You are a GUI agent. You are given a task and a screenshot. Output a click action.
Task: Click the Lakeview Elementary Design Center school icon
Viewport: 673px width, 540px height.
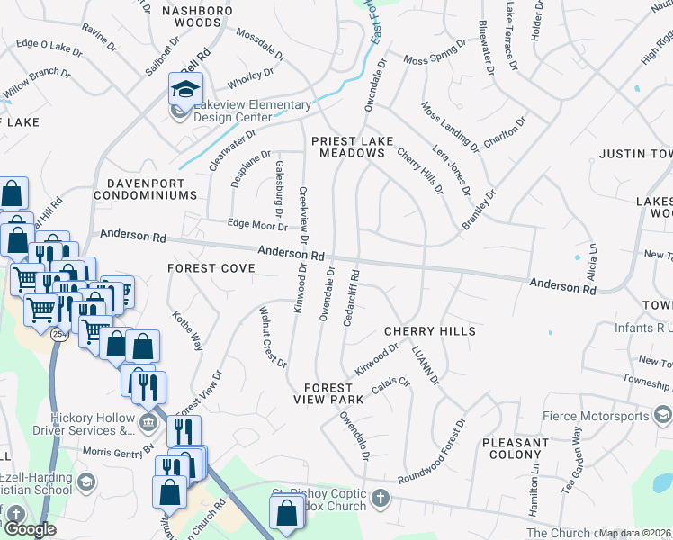click(x=185, y=90)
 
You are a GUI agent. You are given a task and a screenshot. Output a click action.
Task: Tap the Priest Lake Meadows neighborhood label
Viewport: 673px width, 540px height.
click(x=348, y=148)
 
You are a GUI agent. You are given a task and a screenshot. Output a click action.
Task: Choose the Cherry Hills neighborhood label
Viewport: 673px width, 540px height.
click(x=430, y=331)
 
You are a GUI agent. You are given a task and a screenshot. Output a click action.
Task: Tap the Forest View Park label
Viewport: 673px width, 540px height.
click(x=328, y=391)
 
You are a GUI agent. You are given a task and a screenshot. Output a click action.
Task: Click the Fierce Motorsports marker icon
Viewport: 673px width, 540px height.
click(x=663, y=416)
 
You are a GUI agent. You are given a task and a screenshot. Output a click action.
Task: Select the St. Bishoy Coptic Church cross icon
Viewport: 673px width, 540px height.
click(x=381, y=498)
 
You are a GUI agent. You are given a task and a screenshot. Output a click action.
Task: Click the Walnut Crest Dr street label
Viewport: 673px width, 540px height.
click(x=272, y=337)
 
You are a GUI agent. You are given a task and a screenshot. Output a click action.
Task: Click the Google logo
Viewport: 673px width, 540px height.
click(x=30, y=530)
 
